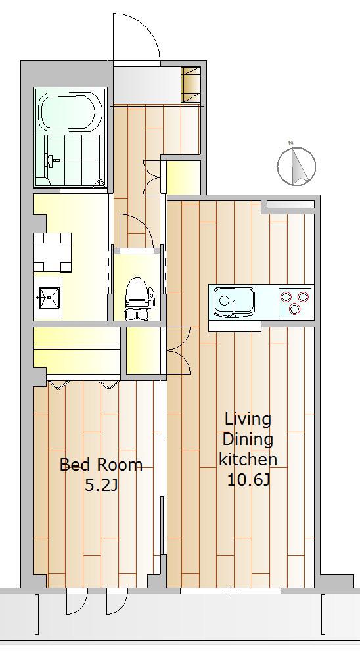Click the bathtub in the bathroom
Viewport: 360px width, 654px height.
pyautogui.click(x=70, y=112)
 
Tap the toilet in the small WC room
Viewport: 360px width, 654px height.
pyautogui.click(x=137, y=298)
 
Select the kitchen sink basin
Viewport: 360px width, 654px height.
pyautogui.click(x=234, y=302)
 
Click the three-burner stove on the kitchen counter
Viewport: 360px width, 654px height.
pyautogui.click(x=296, y=302)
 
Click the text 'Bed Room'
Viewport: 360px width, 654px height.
pyautogui.click(x=101, y=465)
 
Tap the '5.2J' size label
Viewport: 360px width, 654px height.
pyautogui.click(x=101, y=485)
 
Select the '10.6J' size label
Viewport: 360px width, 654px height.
pyautogui.click(x=249, y=481)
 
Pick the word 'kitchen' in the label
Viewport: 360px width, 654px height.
pyautogui.click(x=248, y=459)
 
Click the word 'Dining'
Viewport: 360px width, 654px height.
pyautogui.click(x=248, y=440)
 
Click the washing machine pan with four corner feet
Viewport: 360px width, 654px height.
pyautogui.click(x=52, y=252)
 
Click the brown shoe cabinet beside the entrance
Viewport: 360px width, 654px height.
pyautogui.click(x=191, y=84)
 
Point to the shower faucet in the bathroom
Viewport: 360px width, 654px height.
pyautogui.click(x=50, y=160)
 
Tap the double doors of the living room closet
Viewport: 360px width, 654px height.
pyautogui.click(x=178, y=350)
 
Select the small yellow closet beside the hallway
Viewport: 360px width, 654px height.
pyautogui.click(x=183, y=177)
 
